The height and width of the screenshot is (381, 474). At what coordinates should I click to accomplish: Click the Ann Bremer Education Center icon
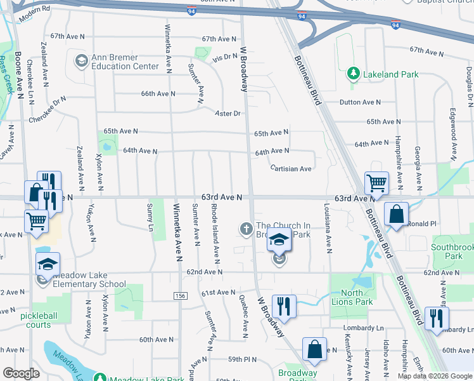pyautogui.click(x=81, y=61)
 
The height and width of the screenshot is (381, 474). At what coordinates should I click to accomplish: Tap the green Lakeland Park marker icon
pyautogui.click(x=354, y=74)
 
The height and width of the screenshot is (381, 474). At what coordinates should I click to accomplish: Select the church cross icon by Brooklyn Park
pyautogui.click(x=246, y=227)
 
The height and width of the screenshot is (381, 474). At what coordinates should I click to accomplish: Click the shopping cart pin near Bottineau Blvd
pyautogui.click(x=376, y=184)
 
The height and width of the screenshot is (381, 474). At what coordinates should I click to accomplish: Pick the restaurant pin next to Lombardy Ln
pyautogui.click(x=435, y=318)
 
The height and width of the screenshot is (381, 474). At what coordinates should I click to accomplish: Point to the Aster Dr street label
pyautogui.click(x=229, y=114)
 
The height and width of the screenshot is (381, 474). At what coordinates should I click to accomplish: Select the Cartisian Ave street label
pyautogui.click(x=290, y=169)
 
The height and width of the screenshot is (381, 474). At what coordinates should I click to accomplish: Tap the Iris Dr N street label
pyautogui.click(x=225, y=57)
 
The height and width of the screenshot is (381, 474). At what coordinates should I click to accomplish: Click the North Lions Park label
pyautogui.click(x=352, y=297)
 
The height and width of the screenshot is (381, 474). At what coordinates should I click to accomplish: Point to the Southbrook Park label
pyautogui.click(x=452, y=251)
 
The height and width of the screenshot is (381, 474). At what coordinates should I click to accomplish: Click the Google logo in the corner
pyautogui.click(x=22, y=373)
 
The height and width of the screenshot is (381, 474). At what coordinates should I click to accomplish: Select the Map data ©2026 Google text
pyautogui.click(x=435, y=376)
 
